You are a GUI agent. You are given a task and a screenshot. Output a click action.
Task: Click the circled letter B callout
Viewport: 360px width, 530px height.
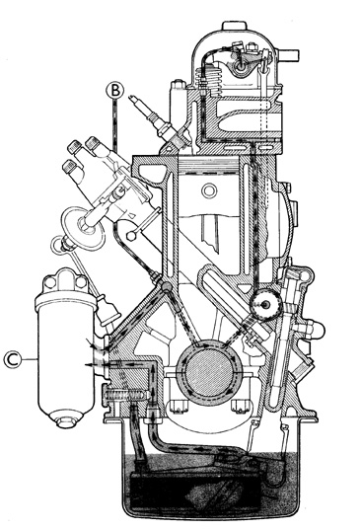[x=114, y=90]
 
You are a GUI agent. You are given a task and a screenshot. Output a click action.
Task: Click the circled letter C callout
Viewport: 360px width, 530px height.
[x=13, y=359]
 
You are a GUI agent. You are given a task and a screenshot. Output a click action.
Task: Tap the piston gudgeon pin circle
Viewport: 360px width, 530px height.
[x=209, y=190]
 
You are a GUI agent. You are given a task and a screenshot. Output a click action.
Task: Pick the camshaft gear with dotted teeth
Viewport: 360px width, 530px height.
[x=266, y=304]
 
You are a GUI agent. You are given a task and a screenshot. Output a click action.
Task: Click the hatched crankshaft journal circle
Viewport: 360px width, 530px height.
[x=209, y=372]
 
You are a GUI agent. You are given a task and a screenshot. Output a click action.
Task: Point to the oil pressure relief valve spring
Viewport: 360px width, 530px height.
[x=126, y=395]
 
